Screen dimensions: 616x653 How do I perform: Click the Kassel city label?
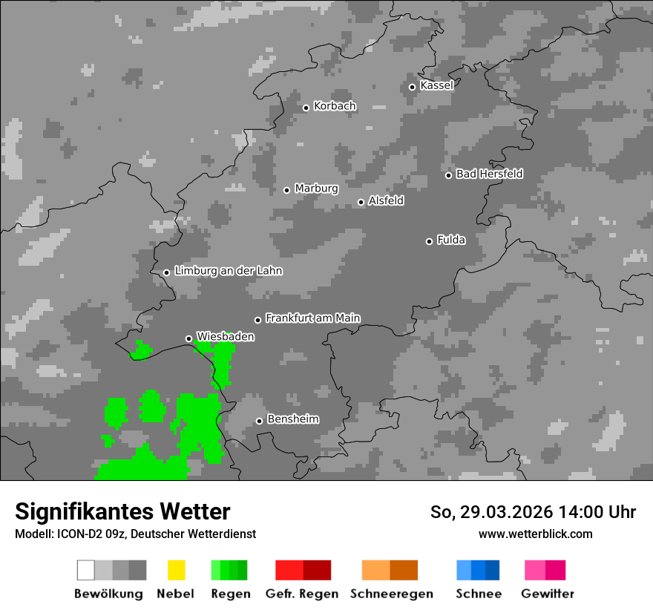pos(436,85)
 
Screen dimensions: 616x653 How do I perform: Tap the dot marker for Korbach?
pos(306,108)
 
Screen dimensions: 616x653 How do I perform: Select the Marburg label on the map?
pos(316,189)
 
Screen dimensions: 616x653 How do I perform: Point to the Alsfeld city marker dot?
pos(361,202)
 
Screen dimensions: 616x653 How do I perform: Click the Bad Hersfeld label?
pos(489,174)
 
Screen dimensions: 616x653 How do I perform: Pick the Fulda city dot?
pos(429,241)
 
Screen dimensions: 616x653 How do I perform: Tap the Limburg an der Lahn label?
pos(228,271)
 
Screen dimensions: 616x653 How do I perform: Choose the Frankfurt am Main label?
pos(312,318)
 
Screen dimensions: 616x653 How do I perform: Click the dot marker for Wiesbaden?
pos(188,338)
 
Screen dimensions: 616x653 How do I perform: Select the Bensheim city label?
pos(292,419)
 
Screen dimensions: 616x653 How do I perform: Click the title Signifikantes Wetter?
pos(122,511)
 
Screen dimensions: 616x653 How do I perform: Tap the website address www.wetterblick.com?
pos(535,534)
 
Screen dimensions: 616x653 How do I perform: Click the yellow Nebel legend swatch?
pos(176,570)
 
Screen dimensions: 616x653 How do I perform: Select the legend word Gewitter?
pos(548,594)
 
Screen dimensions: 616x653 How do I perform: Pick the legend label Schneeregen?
pos(391,594)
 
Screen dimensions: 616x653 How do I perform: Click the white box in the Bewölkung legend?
pos(86,570)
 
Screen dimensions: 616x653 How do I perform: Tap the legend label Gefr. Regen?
pos(302,594)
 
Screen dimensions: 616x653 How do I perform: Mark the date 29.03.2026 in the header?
pos(505,512)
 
